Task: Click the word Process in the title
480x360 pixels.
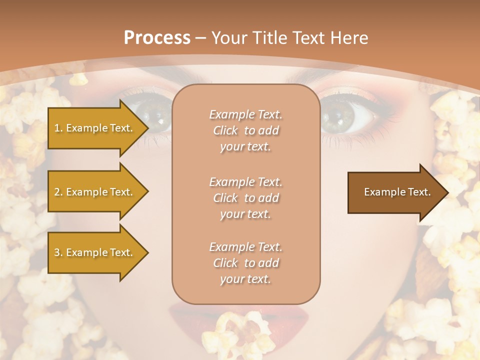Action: click(157, 38)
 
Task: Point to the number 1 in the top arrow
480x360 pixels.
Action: click(56, 128)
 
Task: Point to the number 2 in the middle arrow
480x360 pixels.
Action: click(57, 192)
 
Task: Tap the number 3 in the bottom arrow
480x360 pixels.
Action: click(57, 252)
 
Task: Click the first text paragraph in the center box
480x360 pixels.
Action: click(245, 130)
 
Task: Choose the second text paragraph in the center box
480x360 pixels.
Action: click(245, 198)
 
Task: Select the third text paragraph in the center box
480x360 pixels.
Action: click(245, 263)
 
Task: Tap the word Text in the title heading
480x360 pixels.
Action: click(306, 38)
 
